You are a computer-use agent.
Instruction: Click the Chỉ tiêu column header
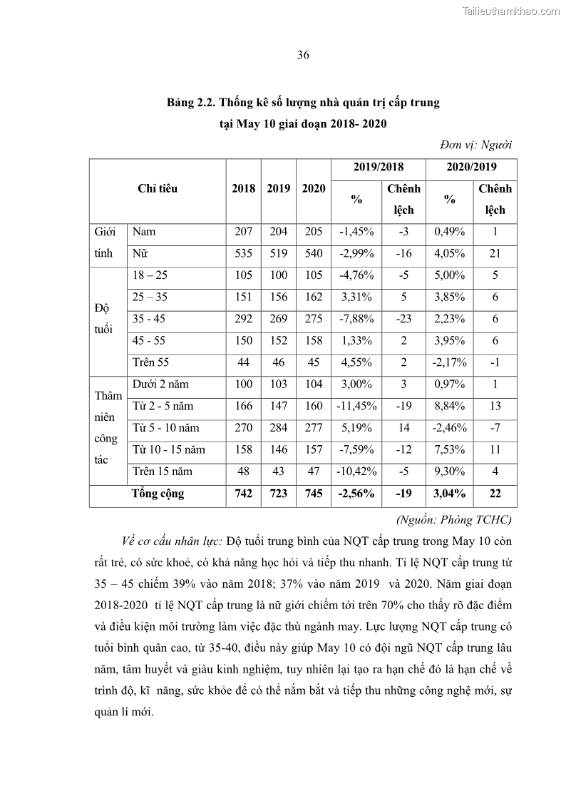click(158, 189)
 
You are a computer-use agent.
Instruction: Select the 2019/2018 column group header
click(378, 167)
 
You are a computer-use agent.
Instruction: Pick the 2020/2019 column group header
click(471, 167)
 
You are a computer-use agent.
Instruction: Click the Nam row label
click(144, 232)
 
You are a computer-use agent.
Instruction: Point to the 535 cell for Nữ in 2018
click(243, 253)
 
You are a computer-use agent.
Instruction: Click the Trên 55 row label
click(150, 362)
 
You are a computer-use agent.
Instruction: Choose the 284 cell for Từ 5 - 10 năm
click(278, 428)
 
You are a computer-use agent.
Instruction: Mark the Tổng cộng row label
click(158, 494)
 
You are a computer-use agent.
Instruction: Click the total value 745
click(313, 494)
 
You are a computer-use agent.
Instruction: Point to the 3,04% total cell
click(450, 494)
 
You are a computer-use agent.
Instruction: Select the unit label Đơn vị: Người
click(475, 145)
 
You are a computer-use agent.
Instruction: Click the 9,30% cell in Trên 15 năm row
click(450, 471)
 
